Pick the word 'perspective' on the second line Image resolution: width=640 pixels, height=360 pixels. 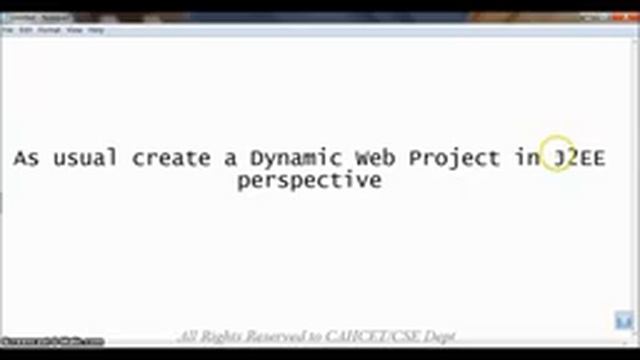coord(310,181)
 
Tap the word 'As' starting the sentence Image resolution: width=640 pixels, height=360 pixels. coord(26,158)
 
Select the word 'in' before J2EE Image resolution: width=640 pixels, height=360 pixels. coord(528,158)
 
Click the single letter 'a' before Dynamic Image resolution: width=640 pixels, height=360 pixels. coord(233,158)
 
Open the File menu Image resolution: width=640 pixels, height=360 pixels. coord(7,30)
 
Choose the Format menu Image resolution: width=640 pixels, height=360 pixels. coord(49,30)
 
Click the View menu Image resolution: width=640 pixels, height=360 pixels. coord(75,30)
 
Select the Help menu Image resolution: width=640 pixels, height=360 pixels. coord(96,30)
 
